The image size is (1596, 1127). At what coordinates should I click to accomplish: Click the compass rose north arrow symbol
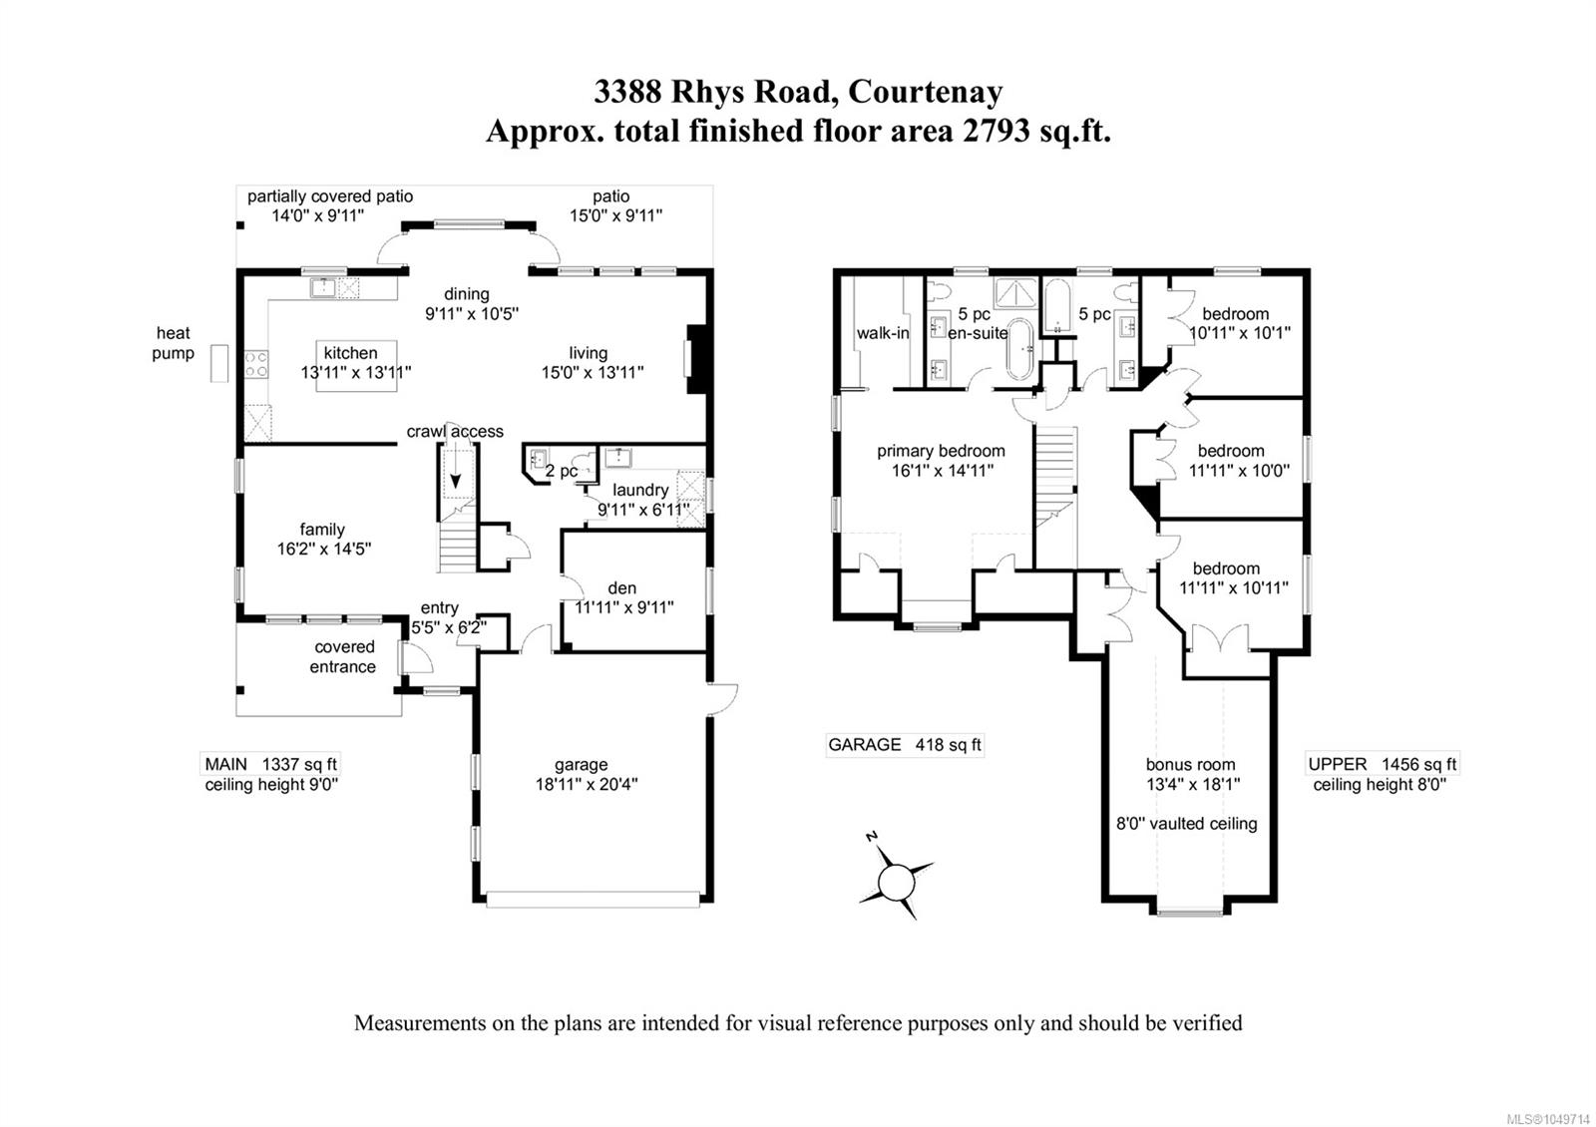click(x=896, y=882)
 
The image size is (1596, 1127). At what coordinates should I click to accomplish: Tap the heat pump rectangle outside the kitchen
click(x=219, y=363)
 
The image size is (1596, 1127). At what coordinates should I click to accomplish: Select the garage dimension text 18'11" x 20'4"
click(x=587, y=784)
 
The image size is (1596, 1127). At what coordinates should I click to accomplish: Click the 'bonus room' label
click(x=1190, y=764)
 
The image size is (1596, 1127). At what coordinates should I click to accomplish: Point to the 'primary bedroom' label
click(x=941, y=451)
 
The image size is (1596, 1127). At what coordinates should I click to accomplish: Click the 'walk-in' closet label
click(x=883, y=333)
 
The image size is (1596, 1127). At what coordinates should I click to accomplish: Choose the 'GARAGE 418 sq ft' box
click(x=904, y=744)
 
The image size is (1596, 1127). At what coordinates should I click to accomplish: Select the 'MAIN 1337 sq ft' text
click(x=270, y=764)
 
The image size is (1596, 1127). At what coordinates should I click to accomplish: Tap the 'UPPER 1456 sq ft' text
click(x=1383, y=764)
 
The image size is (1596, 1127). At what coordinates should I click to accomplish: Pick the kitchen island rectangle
click(x=356, y=365)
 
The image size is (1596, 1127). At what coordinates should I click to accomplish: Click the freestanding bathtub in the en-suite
click(x=1020, y=348)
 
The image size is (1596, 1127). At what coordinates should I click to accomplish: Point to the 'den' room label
click(x=622, y=587)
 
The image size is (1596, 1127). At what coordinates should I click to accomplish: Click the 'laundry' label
click(x=639, y=490)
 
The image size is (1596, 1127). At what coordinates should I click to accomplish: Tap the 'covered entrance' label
click(x=343, y=657)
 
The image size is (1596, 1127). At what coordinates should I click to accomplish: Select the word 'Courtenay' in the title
click(x=925, y=92)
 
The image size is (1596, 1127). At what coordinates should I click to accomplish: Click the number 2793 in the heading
click(x=997, y=131)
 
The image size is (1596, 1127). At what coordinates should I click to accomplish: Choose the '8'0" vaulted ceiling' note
click(x=1186, y=824)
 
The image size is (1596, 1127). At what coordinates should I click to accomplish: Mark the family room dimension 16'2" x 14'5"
click(x=324, y=550)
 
